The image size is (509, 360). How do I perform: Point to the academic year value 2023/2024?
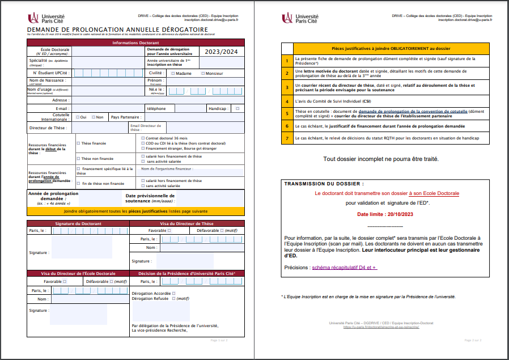tap(222, 52)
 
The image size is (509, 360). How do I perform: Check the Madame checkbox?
tap(173, 73)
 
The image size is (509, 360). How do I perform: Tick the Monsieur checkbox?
tap(203, 73)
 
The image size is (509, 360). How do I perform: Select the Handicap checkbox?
tap(237, 108)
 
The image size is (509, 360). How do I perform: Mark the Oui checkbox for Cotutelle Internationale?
tap(77, 117)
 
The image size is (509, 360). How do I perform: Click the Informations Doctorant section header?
tap(135, 43)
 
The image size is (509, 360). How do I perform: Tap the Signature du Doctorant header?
tap(78, 224)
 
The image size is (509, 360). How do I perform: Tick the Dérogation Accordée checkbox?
tap(173, 293)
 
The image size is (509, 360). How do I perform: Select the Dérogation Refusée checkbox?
tap(172, 298)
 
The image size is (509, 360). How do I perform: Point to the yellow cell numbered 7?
tap(287, 138)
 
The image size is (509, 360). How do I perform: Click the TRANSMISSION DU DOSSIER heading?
tap(324, 184)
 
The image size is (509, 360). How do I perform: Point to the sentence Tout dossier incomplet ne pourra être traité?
tap(380, 159)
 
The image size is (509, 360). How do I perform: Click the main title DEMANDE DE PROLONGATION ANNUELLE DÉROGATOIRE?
tap(117, 29)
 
